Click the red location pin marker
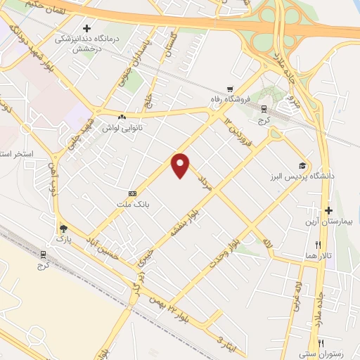181,165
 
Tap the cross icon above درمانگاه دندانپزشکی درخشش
86,29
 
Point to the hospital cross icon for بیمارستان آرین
328,210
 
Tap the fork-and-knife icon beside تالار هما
318,245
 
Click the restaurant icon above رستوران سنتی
321,343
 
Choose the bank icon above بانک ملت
132,193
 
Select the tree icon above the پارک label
63,229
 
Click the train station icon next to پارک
44,255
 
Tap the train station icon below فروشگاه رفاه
264,110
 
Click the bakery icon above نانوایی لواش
122,117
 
